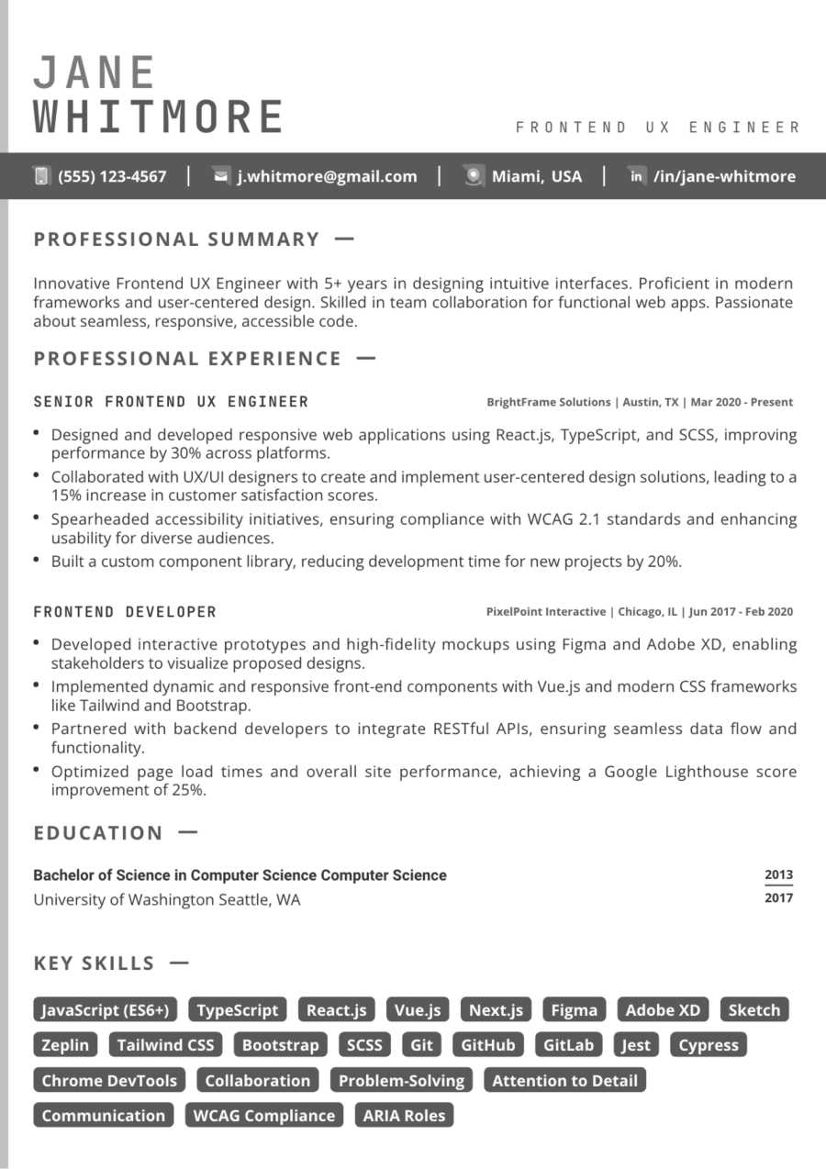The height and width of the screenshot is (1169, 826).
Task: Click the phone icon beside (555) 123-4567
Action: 41,176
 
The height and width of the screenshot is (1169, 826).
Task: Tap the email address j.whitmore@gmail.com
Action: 327,176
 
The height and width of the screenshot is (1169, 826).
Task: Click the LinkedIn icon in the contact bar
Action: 636,176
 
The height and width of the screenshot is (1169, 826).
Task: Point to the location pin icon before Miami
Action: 473,176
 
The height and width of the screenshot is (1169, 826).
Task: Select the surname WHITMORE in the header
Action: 159,117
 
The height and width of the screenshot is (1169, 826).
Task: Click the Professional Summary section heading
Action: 177,239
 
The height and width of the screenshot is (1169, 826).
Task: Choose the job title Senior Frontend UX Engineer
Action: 171,402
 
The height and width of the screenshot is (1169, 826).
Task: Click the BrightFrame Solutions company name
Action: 548,402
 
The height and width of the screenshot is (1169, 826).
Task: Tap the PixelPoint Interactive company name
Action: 546,612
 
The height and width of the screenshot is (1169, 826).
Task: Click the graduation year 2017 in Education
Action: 778,898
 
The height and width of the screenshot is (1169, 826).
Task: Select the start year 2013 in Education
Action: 778,874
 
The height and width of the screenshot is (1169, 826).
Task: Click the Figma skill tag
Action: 574,1010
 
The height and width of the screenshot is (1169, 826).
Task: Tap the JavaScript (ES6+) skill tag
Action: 106,1010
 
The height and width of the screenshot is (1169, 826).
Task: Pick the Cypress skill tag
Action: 708,1045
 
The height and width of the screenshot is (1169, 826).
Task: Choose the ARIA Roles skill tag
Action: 404,1116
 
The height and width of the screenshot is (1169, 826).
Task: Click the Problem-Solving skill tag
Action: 401,1081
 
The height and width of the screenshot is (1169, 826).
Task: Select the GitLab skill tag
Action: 568,1045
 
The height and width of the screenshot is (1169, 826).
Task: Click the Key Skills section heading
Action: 95,963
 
